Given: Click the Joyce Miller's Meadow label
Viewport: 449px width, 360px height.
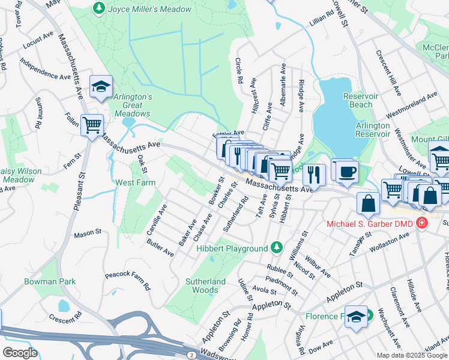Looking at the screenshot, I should tap(149, 9).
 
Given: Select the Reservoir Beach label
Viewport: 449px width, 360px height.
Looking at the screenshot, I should tap(360, 100).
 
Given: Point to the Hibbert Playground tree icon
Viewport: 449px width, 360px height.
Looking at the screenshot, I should tap(276, 247).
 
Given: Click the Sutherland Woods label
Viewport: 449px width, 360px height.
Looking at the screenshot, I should tap(205, 286).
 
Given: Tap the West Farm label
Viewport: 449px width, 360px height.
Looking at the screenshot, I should tap(135, 182).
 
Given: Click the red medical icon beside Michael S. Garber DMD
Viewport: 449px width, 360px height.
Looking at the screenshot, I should tap(422, 223).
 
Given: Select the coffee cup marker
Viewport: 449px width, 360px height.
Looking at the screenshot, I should tap(345, 172).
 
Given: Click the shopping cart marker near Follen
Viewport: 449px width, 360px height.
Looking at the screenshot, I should tap(92, 126).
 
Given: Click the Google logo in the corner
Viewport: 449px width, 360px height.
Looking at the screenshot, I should tap(20, 352).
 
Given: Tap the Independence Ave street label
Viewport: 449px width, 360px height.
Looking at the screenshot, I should tap(45, 69).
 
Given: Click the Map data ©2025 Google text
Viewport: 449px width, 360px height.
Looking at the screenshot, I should tap(411, 355).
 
